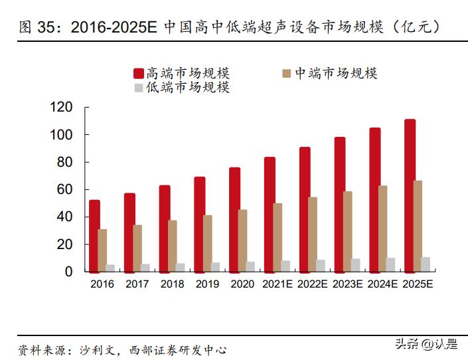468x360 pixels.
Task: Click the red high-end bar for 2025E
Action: [x=410, y=195]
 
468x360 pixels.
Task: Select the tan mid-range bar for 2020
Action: [x=243, y=240]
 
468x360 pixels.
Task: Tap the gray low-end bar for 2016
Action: [x=110, y=268]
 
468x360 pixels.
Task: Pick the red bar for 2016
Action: [x=94, y=236]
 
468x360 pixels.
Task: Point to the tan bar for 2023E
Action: [x=348, y=231]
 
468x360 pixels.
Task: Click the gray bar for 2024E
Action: [x=391, y=264]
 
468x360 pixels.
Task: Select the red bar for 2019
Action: [x=199, y=224]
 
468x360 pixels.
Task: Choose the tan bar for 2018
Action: [x=173, y=246]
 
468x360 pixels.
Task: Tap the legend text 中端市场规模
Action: [x=336, y=73]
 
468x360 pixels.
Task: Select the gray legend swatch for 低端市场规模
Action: [x=139, y=88]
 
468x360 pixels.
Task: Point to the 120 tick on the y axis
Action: [x=60, y=108]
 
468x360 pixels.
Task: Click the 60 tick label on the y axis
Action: [x=64, y=190]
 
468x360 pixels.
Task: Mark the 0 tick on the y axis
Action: [x=68, y=272]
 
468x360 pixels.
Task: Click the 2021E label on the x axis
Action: [x=277, y=284]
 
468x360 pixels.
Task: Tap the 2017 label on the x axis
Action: [x=137, y=284]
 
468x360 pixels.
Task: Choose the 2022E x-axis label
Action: [x=313, y=284]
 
